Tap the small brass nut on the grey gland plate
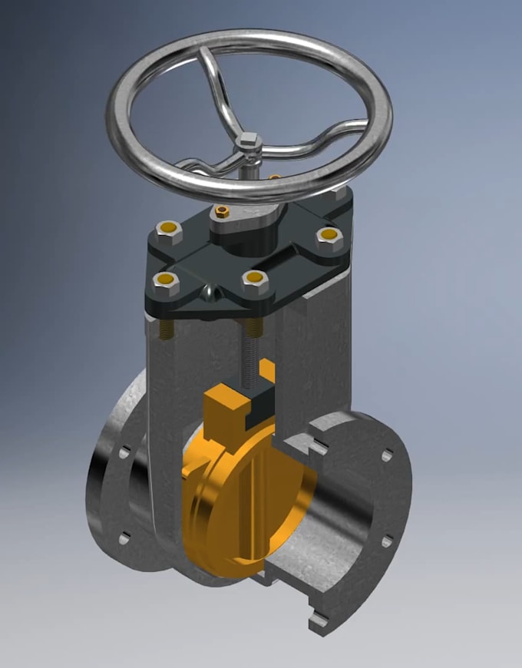click(223, 211)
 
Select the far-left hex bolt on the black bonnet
click(168, 229)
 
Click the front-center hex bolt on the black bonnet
click(254, 280)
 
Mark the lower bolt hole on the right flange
click(387, 541)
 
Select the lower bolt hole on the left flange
click(124, 537)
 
